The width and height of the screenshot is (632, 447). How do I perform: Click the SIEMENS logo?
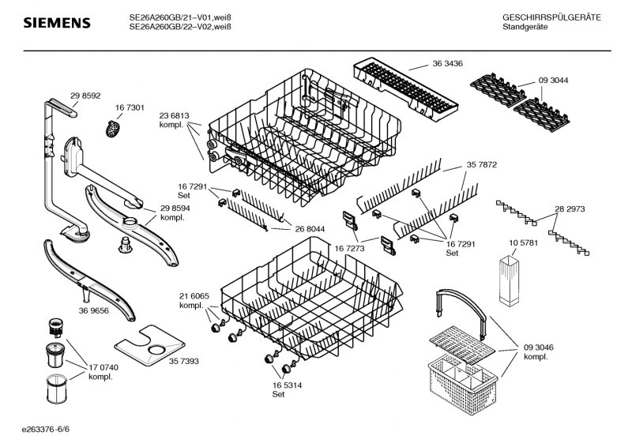click(56, 23)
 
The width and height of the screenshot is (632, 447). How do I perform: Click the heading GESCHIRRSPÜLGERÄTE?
click(551, 17)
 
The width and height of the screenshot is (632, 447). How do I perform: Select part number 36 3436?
click(447, 63)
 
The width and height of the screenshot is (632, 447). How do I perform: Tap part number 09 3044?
click(553, 80)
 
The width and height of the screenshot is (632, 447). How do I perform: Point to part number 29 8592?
click(85, 96)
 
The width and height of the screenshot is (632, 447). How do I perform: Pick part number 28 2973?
click(569, 209)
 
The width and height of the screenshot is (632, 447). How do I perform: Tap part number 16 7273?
click(348, 248)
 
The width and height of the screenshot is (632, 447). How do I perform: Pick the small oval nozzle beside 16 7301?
click(113, 126)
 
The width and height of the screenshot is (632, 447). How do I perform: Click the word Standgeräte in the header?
click(525, 28)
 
